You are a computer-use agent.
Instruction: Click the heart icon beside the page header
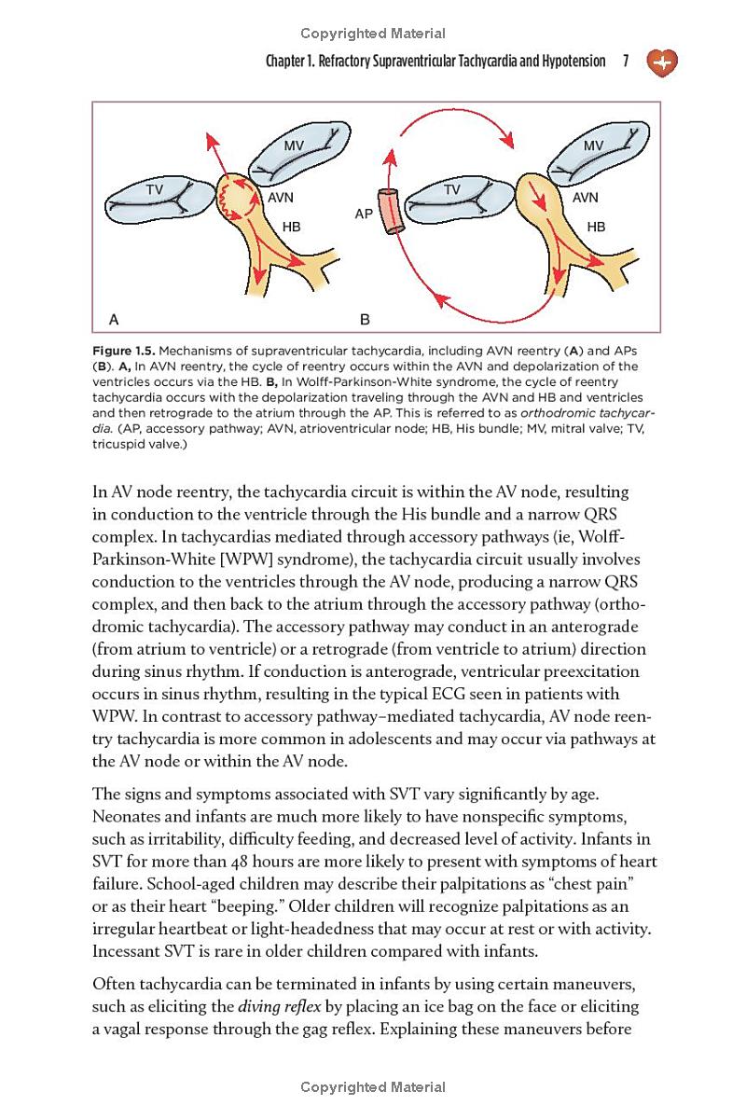(662, 62)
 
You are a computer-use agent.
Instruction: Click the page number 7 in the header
(626, 62)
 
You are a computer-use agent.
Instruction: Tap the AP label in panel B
(365, 214)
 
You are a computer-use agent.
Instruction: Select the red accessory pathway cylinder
(391, 211)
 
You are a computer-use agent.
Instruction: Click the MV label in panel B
(593, 145)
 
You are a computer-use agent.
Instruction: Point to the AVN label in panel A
(281, 198)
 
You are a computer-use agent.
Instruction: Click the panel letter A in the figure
(114, 319)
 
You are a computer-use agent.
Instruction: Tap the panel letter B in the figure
(365, 319)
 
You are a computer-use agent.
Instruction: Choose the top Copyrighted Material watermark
(373, 34)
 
